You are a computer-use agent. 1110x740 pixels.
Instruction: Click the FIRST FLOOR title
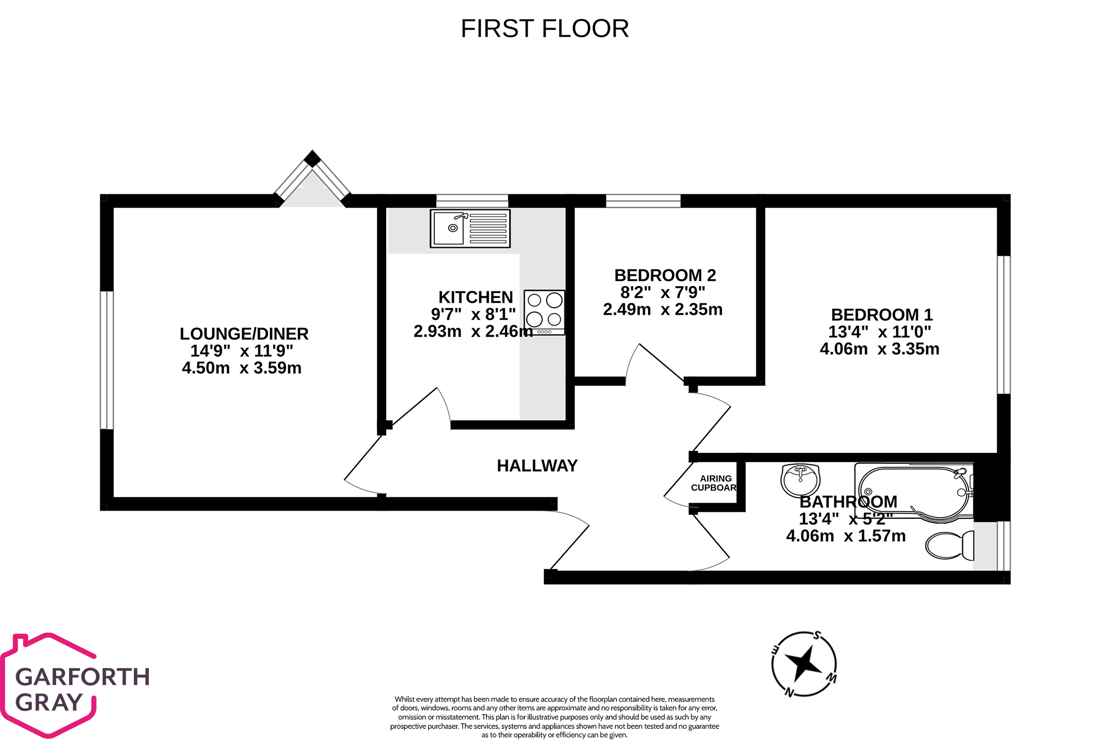(544, 29)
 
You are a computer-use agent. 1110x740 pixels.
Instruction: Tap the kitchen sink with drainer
(470, 229)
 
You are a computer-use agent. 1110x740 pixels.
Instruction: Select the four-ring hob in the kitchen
(544, 312)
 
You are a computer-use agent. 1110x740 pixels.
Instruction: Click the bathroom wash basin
(800, 479)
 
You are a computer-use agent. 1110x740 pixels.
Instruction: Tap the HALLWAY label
(537, 466)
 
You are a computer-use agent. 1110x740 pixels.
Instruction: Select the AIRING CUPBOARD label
(714, 483)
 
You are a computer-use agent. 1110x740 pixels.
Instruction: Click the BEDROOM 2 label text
(665, 275)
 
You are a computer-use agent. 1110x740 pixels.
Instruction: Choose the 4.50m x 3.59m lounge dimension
(242, 368)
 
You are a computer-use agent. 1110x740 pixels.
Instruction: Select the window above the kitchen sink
(472, 201)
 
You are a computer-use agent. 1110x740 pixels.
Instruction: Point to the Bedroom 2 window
(643, 201)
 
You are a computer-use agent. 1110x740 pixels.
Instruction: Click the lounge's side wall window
(107, 360)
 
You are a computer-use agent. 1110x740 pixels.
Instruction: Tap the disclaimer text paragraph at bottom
(555, 717)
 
